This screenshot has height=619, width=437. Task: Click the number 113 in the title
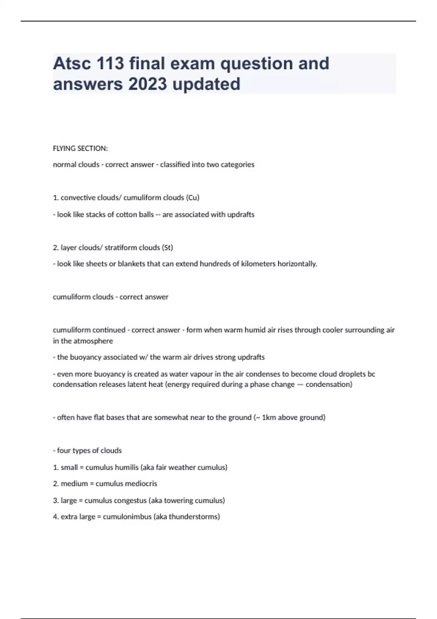click(x=110, y=63)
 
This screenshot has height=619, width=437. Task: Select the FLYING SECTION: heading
click(x=80, y=149)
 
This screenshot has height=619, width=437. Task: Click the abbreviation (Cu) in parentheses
click(x=193, y=198)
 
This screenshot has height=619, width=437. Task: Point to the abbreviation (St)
click(x=167, y=248)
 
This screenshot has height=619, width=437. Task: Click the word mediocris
click(x=141, y=484)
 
